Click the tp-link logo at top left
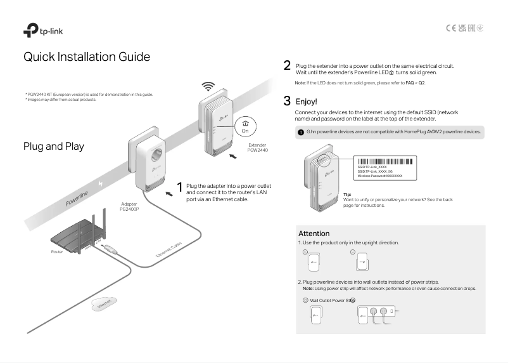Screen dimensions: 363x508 click(42, 30)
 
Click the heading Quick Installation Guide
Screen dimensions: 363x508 click(87, 57)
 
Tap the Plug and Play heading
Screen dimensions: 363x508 click(54, 147)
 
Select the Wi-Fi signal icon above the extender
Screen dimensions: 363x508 click(208, 86)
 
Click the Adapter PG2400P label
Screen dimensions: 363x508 click(129, 207)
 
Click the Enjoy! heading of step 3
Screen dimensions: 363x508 click(307, 102)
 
